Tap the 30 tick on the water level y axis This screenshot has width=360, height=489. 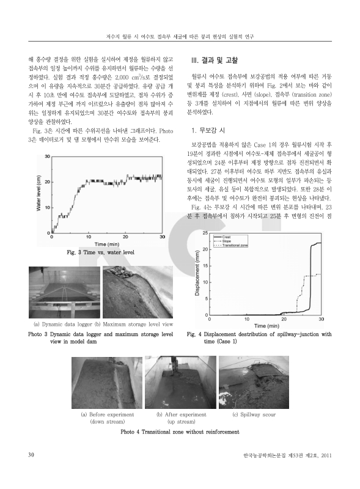point(48,157)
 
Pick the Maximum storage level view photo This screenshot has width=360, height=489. point(138,293)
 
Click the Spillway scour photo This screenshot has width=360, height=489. point(254,383)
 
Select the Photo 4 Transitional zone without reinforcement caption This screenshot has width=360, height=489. point(180,432)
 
